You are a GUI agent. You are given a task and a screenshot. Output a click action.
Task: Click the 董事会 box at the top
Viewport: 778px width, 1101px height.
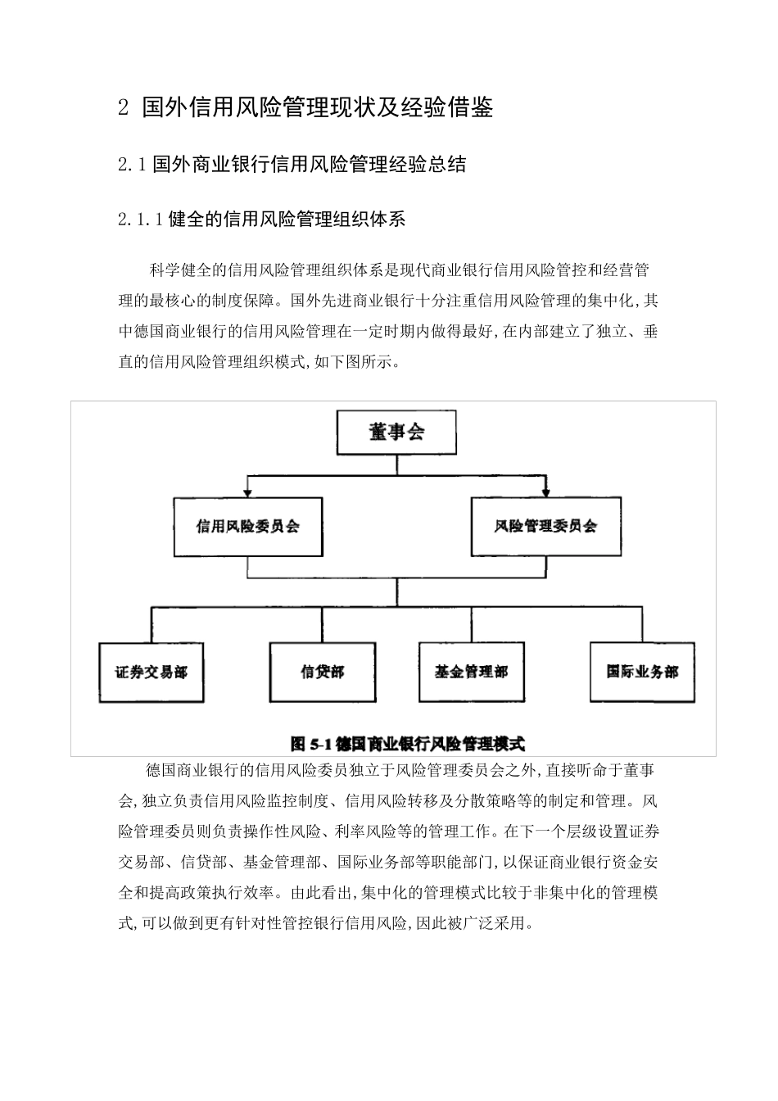tap(396, 433)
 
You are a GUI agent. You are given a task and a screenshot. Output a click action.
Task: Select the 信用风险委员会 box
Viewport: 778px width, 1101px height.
tap(248, 527)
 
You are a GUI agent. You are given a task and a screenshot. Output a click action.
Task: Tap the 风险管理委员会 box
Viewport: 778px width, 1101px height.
tap(545, 527)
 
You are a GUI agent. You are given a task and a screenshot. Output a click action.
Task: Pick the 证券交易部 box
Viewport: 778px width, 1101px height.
tap(152, 673)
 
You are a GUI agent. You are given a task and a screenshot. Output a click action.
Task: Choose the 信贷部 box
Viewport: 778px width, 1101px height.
tap(323, 673)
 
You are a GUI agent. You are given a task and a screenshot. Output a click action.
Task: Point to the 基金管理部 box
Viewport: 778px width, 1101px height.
tap(471, 673)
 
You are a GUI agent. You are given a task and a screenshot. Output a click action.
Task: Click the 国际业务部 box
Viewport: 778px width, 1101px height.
tap(642, 673)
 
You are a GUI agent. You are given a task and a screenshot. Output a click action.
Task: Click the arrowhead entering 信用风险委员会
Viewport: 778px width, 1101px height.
tap(248, 491)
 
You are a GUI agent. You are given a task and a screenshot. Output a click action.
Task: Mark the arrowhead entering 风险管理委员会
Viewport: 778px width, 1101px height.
tap(545, 491)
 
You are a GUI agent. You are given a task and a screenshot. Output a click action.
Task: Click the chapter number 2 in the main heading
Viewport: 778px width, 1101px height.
tap(124, 108)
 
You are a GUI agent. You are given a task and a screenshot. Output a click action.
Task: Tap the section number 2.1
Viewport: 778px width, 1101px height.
tap(131, 165)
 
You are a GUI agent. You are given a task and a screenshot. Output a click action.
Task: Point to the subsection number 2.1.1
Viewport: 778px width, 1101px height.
tap(140, 220)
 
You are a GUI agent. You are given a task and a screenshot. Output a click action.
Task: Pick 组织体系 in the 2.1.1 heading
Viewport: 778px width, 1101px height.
tap(373, 220)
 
